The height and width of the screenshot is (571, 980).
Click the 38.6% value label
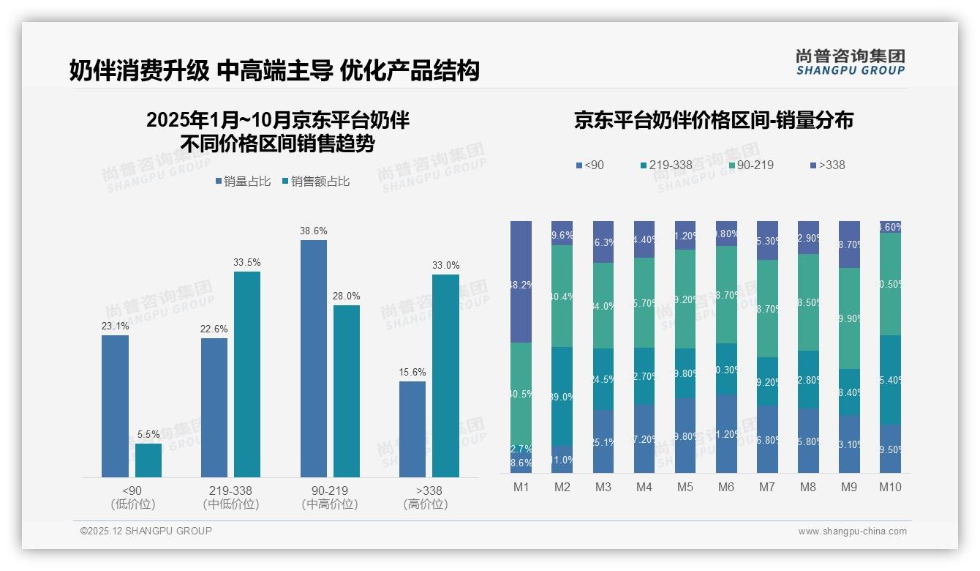[313, 231]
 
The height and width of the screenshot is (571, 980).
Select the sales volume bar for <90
[115, 406]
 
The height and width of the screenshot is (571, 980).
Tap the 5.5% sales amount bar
[148, 460]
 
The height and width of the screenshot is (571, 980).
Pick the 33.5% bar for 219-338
[247, 374]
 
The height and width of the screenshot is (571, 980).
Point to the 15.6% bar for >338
[412, 429]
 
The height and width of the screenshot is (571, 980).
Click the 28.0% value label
[347, 296]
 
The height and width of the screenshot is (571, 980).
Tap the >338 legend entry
[827, 165]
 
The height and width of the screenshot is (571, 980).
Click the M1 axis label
[521, 487]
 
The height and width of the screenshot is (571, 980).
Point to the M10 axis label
[889, 487]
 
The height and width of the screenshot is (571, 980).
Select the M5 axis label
[685, 487]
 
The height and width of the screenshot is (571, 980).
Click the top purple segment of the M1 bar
[521, 282]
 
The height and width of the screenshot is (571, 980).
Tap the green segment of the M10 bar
[890, 284]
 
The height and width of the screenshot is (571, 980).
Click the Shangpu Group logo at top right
[850, 62]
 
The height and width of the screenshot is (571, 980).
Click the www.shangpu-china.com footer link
[852, 531]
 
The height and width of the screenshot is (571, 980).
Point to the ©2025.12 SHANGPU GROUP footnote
[146, 531]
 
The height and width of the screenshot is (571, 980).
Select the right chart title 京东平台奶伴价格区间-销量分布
[713, 121]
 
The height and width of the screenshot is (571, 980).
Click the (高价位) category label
[425, 504]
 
